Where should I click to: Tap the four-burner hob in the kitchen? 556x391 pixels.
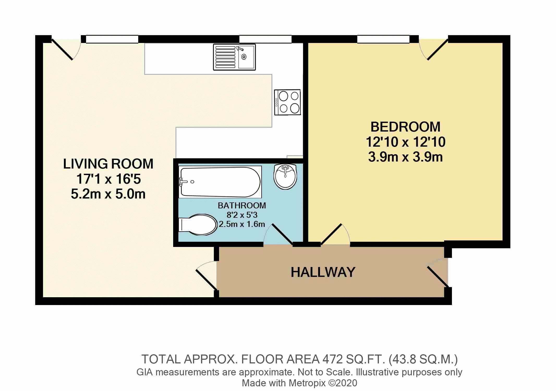pos(287,102)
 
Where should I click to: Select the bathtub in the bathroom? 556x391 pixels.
pos(220,182)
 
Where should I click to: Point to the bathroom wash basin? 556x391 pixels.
pos(285,177)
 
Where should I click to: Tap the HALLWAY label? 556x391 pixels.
pos(323,272)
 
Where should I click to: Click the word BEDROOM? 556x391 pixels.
pos(406,127)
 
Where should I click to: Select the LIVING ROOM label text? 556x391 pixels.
pos(108,164)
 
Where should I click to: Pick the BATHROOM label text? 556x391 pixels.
pos(242,206)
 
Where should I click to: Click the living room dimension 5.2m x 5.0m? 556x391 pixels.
pos(108,194)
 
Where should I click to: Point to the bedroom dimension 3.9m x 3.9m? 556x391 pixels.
pos(406,157)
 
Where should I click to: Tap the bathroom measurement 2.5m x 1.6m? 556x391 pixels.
pos(242,224)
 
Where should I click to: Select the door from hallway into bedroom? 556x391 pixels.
pos(335,234)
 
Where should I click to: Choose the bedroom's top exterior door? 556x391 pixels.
pos(433,49)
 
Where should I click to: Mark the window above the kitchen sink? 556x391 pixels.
pos(265,39)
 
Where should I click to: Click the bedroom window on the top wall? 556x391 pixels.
pos(383,39)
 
